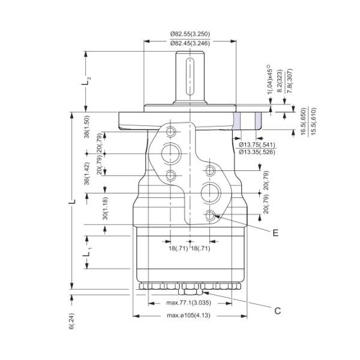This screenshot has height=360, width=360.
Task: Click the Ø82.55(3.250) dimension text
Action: (x=189, y=35)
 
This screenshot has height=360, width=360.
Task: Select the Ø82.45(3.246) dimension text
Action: (x=189, y=44)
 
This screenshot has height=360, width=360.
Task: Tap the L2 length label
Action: (x=88, y=80)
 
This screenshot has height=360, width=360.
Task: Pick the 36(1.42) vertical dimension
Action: (x=88, y=174)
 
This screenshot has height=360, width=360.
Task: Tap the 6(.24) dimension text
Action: (x=71, y=322)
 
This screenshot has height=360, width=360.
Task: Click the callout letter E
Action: (x=275, y=233)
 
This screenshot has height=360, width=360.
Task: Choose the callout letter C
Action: (x=278, y=310)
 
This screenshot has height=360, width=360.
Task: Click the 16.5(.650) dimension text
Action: (x=303, y=122)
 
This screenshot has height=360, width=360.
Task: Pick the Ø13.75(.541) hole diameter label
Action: (x=257, y=145)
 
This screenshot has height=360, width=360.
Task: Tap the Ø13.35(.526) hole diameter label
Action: (x=257, y=152)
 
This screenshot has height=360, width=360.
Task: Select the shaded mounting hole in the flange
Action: (x=246, y=120)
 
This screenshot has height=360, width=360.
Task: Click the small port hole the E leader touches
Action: (x=209, y=215)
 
